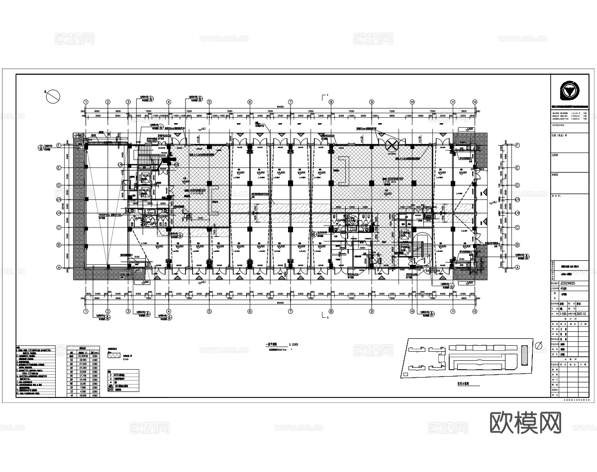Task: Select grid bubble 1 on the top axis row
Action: (86, 102)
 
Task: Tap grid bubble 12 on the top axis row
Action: (475, 102)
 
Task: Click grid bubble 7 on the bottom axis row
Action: (290, 312)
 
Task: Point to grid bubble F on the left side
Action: (58, 146)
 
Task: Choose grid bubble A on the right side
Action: (517, 267)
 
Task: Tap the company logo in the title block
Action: (569, 91)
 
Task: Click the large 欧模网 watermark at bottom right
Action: (525, 423)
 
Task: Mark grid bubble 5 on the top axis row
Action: (209, 102)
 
